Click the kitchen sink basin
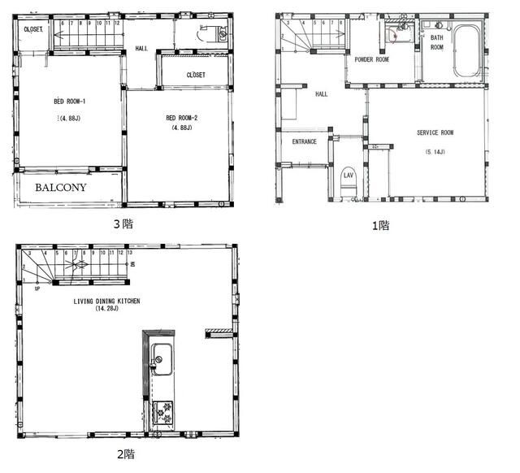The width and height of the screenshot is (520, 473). [x=160, y=356]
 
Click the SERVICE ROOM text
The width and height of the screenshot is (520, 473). [x=435, y=132]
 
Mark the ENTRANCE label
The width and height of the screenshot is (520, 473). [x=305, y=141]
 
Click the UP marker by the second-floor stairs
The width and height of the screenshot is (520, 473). [x=37, y=288]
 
